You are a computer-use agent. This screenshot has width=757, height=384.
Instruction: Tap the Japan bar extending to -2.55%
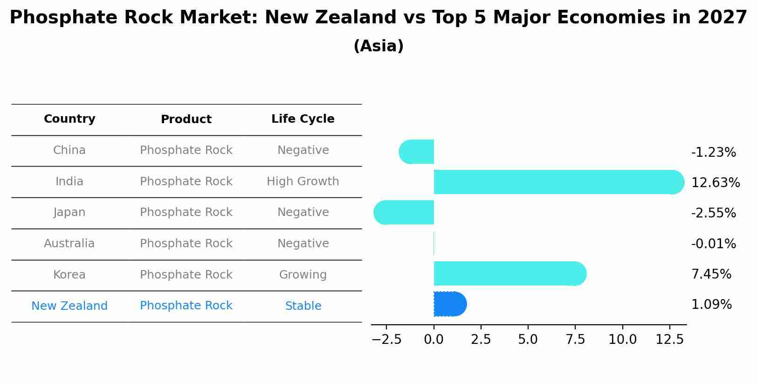pyautogui.click(x=404, y=212)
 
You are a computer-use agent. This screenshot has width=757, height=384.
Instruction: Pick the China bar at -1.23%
pyautogui.click(x=417, y=152)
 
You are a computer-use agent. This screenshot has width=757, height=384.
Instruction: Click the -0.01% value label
pyautogui.click(x=713, y=244)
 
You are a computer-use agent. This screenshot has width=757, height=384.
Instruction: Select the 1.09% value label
pyautogui.click(x=711, y=305)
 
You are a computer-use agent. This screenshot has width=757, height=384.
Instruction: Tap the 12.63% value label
pyautogui.click(x=715, y=182)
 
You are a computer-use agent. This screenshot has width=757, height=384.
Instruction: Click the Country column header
pyautogui.click(x=69, y=119)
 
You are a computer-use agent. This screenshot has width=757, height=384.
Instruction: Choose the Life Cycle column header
pyautogui.click(x=303, y=119)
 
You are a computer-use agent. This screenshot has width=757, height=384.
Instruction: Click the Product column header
pyautogui.click(x=186, y=119)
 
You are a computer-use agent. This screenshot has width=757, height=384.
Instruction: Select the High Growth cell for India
pyautogui.click(x=303, y=182)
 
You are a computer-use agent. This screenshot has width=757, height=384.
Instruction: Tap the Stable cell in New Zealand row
pyautogui.click(x=303, y=306)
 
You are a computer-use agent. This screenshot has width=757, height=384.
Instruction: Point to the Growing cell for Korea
pyautogui.click(x=303, y=275)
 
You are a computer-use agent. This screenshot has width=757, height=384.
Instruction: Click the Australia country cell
pyautogui.click(x=69, y=244)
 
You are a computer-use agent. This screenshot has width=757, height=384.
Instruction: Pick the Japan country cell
pyautogui.click(x=69, y=212)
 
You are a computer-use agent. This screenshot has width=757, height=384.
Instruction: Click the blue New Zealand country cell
pyautogui.click(x=69, y=306)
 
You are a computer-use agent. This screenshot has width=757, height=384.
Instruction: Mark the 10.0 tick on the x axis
pyautogui.click(x=622, y=340)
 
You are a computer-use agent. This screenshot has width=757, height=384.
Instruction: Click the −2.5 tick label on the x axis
pyautogui.click(x=386, y=340)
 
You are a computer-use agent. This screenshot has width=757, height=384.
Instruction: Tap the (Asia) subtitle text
pyautogui.click(x=378, y=46)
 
